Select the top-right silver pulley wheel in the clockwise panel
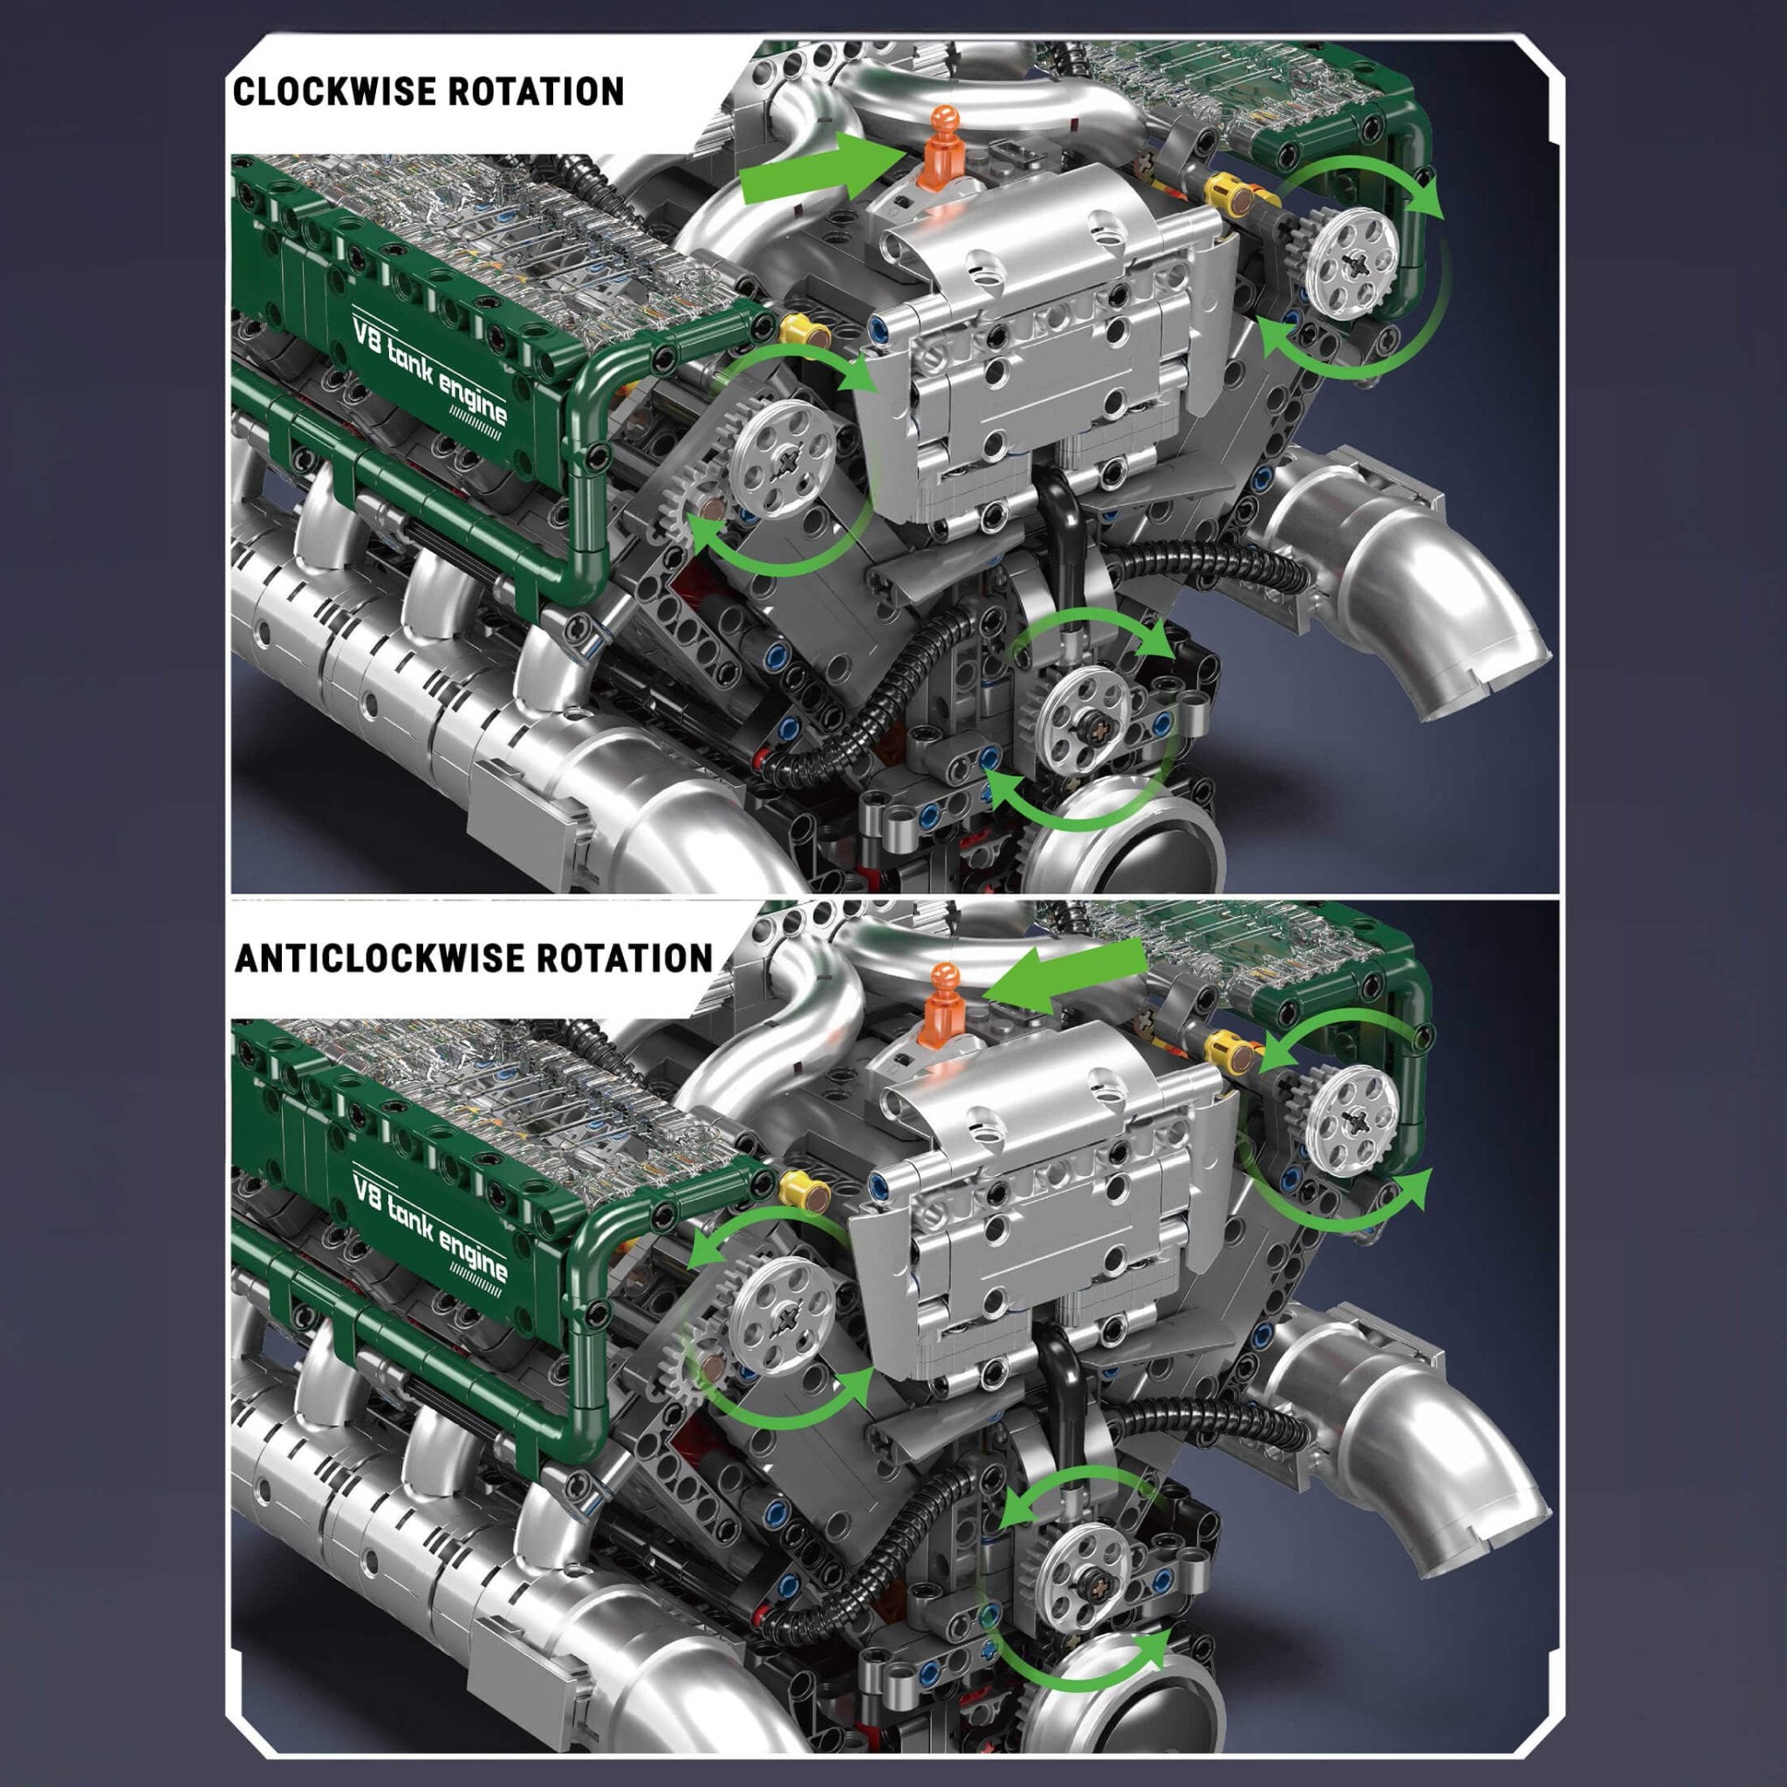(1353, 250)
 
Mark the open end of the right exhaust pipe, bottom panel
(1480, 1530)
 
